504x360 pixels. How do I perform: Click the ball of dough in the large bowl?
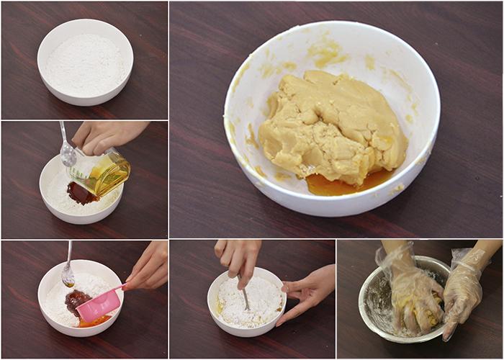[x=331, y=126]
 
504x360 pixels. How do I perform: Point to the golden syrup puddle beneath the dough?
[x=338, y=184]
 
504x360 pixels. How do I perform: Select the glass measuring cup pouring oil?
[x=104, y=173]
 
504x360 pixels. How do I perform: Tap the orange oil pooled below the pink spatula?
[x=94, y=322]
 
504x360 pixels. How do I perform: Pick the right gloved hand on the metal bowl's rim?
[x=464, y=288]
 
